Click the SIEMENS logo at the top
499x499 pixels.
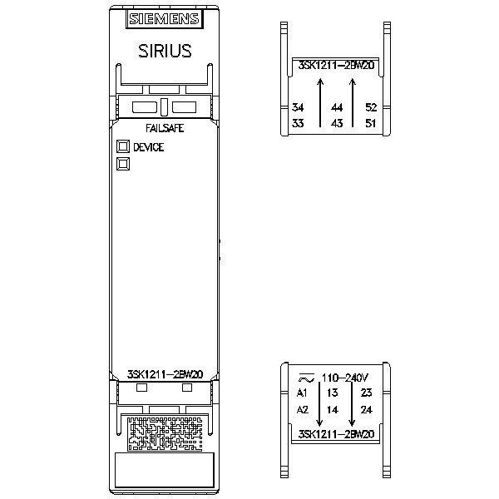click(165, 19)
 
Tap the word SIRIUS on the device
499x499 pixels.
click(165, 51)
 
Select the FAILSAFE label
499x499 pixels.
click(165, 128)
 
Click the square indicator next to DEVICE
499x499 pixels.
click(123, 146)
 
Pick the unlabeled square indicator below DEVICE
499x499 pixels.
click(123, 164)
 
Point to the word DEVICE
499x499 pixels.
click(149, 147)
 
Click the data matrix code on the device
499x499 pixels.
click(165, 434)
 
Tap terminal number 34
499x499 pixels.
click(298, 107)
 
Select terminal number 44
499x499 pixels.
click(337, 107)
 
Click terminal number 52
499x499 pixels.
click(371, 107)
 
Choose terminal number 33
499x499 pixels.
click(298, 123)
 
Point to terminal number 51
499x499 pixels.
click(371, 123)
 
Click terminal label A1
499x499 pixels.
click(302, 393)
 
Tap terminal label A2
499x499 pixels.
click(303, 409)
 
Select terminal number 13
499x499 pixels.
click(332, 393)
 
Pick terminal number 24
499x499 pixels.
click(366, 409)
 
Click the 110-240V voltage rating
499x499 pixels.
click(344, 378)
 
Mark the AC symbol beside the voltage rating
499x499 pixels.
click(306, 378)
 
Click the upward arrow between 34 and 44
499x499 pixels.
click(320, 103)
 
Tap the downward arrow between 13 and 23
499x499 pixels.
click(352, 403)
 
